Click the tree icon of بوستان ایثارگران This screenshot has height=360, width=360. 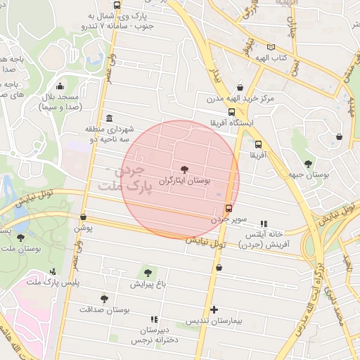[185, 169]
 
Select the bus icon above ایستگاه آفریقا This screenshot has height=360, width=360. [231, 112]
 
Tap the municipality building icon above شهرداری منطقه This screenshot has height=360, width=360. [109, 118]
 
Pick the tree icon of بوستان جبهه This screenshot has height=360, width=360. [307, 144]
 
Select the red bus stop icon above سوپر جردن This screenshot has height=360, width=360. [229, 208]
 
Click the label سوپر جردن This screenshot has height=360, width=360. [229, 219]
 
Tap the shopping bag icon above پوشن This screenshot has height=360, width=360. [84, 217]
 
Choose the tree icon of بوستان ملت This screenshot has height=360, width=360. [20, 238]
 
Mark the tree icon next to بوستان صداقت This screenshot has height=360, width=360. [104, 299]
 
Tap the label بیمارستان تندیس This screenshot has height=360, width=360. [214, 321]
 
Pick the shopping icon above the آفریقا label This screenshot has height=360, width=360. [258, 144]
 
